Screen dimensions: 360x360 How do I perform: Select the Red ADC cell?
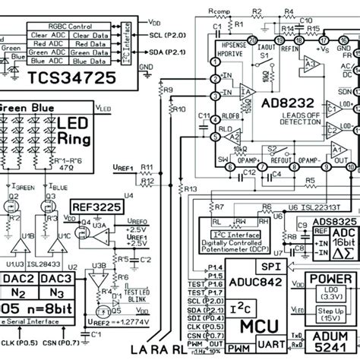pyautogui.click(x=48, y=44)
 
